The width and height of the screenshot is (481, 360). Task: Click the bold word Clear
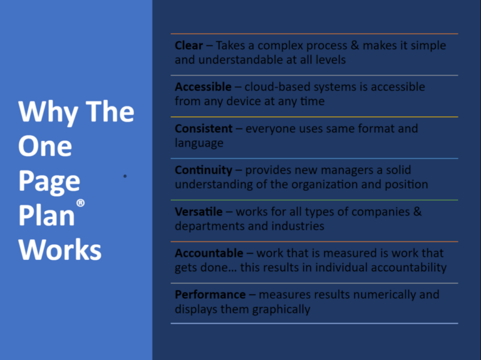(189, 46)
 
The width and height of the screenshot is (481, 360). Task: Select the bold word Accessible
(202, 87)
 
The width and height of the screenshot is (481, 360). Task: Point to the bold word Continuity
(204, 170)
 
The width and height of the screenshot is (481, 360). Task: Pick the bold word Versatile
(199, 212)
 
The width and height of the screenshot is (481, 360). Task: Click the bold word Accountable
(209, 253)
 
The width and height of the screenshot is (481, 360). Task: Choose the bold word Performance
(210, 294)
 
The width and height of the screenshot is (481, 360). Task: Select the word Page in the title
(49, 182)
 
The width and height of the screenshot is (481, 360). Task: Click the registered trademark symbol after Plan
(80, 203)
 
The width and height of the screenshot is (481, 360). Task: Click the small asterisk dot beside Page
(125, 177)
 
